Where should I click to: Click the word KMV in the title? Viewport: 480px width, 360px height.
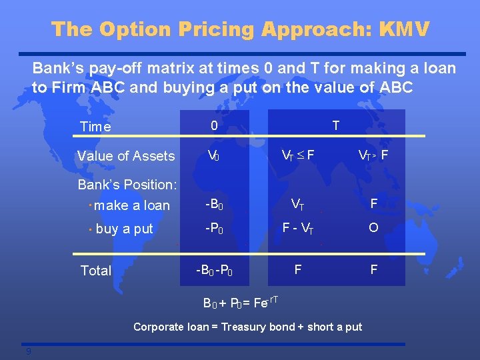point(404,29)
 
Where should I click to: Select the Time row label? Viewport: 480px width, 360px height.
point(95,127)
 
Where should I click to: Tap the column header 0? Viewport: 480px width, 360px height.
point(214,125)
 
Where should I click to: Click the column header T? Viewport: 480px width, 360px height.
point(335,125)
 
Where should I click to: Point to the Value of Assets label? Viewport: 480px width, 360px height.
point(126,156)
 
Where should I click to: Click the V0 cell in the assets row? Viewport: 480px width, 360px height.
point(213,156)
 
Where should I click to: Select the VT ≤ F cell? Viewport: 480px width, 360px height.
point(298,156)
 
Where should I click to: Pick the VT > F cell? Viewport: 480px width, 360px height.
point(373,156)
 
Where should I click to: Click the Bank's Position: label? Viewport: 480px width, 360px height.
point(127,184)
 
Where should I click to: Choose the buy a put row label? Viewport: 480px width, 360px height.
point(124,229)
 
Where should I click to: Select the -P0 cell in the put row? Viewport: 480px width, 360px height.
point(214,228)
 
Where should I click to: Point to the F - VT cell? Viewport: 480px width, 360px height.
point(297,228)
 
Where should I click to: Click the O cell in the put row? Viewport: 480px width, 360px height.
point(373,228)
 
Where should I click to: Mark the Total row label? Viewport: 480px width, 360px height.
point(96,270)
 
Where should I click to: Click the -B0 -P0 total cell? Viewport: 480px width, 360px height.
point(214,270)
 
